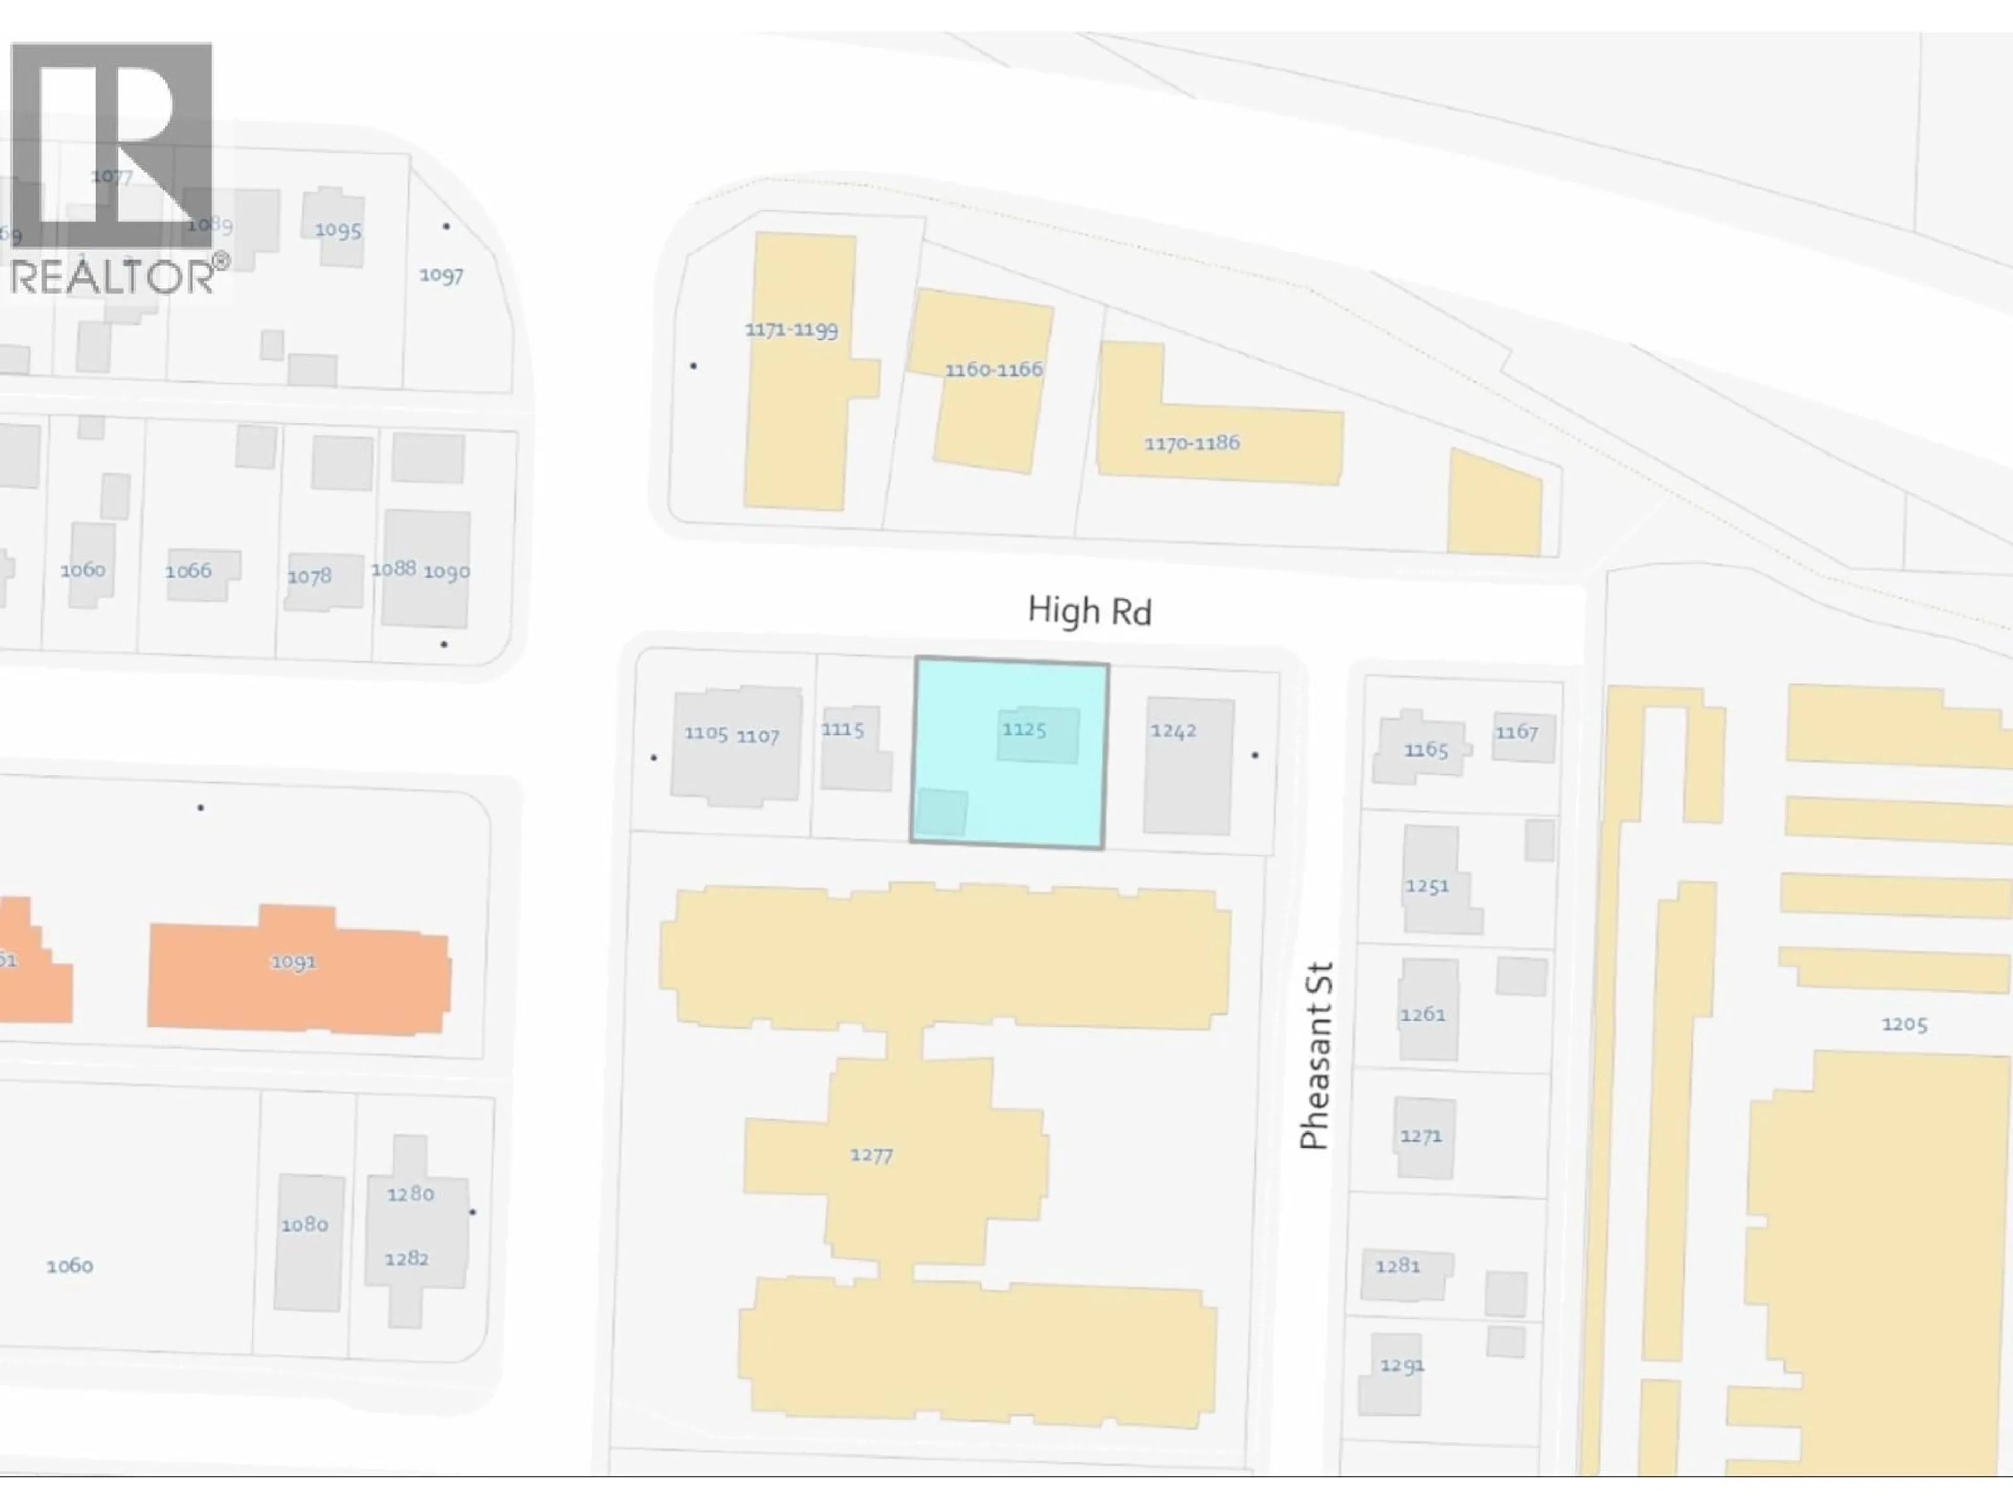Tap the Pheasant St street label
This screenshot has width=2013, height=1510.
(x=1316, y=1056)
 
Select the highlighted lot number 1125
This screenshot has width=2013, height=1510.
(x=1024, y=729)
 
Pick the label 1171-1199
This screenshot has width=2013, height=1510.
(x=791, y=329)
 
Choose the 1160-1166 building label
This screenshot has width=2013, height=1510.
(x=993, y=370)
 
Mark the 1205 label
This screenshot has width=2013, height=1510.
(x=1904, y=1024)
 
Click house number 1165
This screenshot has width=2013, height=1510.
(x=1425, y=750)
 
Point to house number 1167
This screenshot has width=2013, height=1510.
(x=1516, y=732)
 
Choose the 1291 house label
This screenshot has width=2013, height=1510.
(x=1401, y=1365)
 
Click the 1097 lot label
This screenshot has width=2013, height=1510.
(x=441, y=275)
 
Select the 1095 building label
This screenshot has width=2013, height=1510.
(x=338, y=230)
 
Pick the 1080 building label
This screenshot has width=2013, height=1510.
(x=304, y=1224)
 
